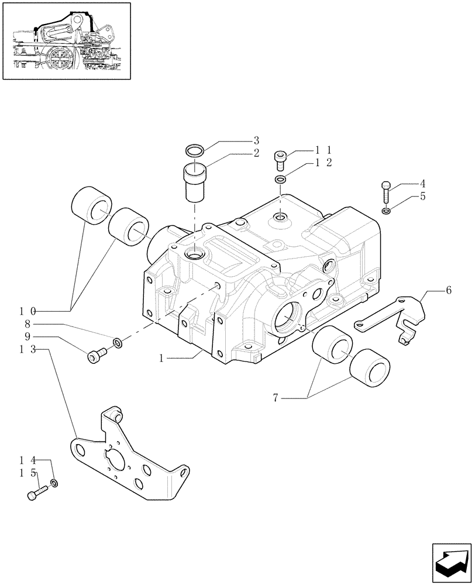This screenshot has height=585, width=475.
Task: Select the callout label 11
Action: tap(324, 150)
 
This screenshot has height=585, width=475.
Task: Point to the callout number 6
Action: tap(448, 290)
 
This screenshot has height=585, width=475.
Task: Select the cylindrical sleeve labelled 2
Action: tap(196, 183)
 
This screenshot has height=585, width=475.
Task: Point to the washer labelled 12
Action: tap(280, 180)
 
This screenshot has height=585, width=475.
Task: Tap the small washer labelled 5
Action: tap(385, 211)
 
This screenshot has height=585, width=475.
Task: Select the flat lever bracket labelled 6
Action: tap(392, 316)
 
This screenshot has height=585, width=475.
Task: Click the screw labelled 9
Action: tap(96, 355)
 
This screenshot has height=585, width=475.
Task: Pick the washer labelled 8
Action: tap(117, 342)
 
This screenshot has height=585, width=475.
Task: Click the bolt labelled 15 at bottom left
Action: tap(35, 494)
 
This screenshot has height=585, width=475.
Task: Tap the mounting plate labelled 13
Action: tap(129, 462)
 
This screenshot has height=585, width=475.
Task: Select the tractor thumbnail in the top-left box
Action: tap(66, 40)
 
